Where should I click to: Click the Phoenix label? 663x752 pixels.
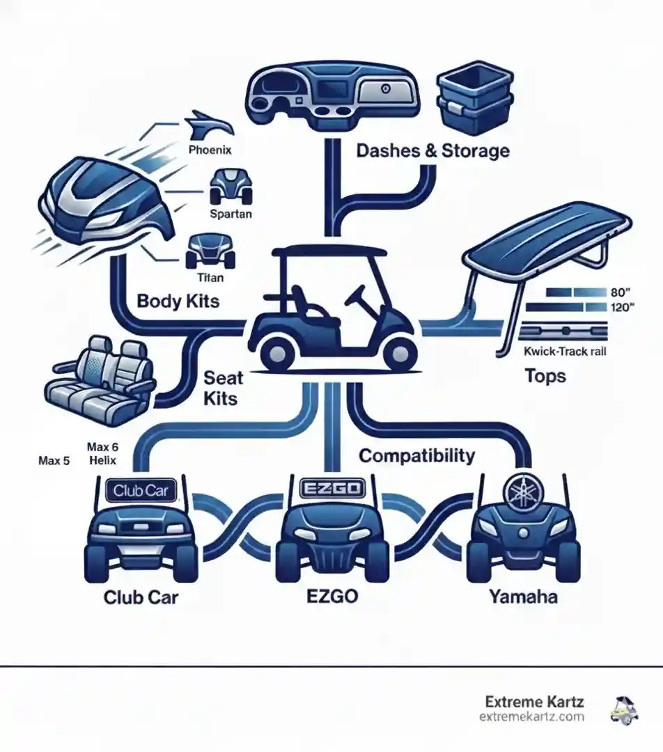[210, 149]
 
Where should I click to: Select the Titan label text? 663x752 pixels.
[210, 277]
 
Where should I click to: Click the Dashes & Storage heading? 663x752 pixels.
[432, 150]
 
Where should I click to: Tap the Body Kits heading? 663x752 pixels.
[178, 301]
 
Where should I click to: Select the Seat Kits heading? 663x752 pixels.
[222, 388]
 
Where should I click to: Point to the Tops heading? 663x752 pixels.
[545, 377]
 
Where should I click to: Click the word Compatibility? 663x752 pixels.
[416, 456]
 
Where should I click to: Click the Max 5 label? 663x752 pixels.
[54, 461]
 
